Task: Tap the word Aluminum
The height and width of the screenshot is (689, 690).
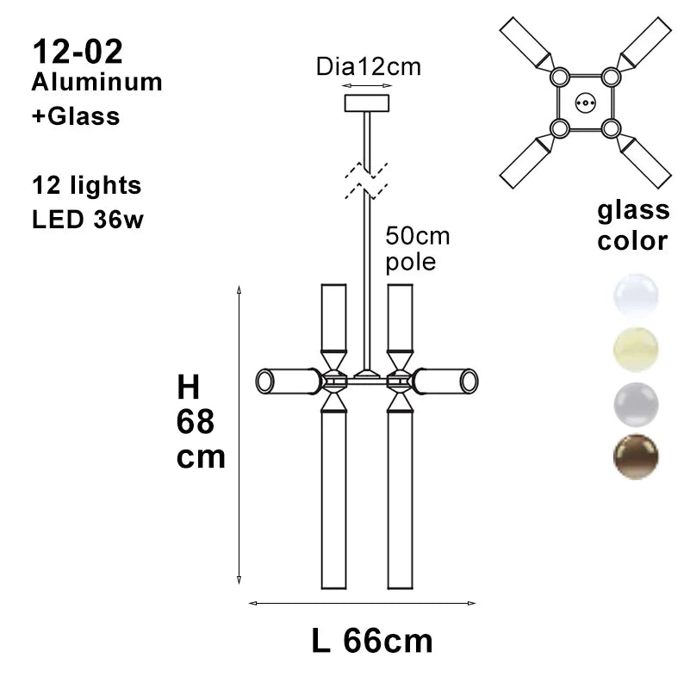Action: click(x=96, y=82)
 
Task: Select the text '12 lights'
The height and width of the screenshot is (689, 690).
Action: click(x=86, y=184)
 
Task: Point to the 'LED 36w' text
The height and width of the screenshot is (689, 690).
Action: click(x=87, y=220)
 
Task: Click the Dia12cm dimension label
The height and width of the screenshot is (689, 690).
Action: click(x=368, y=67)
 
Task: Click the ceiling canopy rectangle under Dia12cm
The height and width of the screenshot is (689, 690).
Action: click(x=367, y=103)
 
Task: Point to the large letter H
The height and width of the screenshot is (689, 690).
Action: click(x=189, y=388)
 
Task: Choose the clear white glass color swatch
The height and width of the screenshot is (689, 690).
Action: click(x=636, y=295)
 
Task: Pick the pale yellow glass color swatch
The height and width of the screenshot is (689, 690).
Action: click(x=636, y=349)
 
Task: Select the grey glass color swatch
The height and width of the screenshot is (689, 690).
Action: click(x=636, y=403)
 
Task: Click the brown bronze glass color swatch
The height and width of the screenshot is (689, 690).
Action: click(x=636, y=456)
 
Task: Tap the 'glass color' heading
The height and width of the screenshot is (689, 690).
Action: click(x=633, y=225)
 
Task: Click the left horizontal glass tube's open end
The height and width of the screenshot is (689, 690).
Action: click(x=264, y=381)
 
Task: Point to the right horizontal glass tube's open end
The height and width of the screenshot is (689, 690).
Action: click(x=469, y=381)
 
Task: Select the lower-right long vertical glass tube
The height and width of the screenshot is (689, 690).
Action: click(x=400, y=500)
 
